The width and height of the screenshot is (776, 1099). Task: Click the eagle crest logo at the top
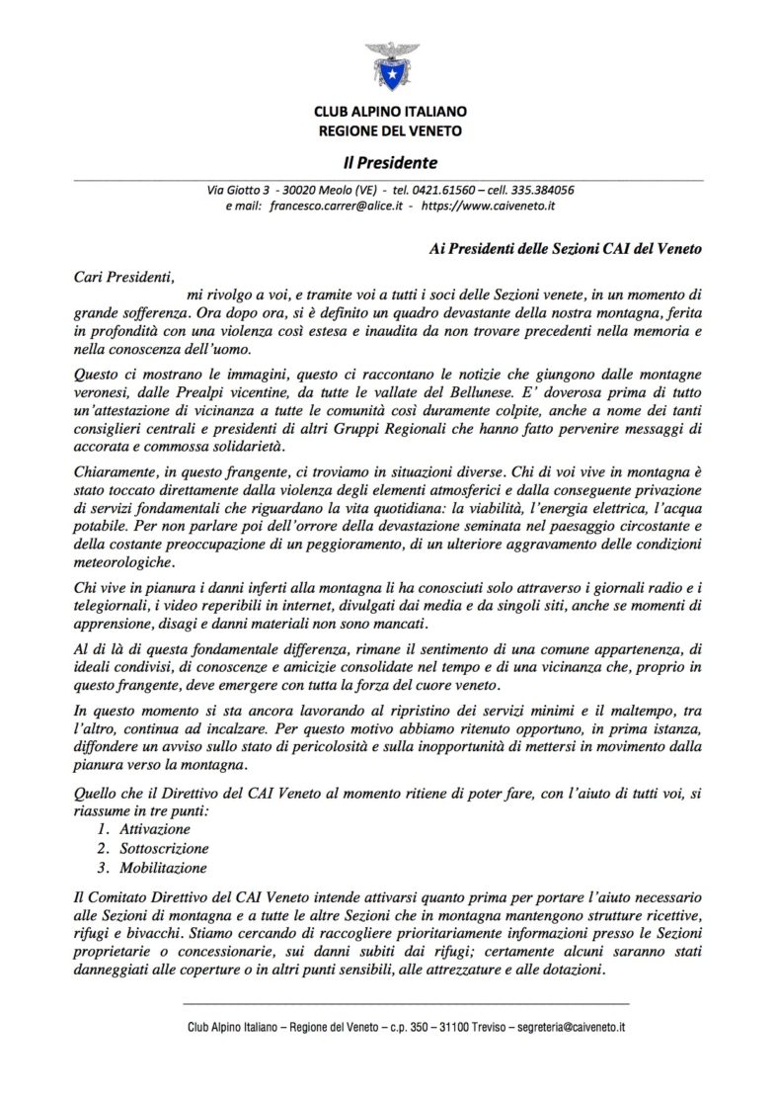388,65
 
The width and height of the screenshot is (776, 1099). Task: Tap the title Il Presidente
388,162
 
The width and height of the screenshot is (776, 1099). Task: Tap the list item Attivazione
154,828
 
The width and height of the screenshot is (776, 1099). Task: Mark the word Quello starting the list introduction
97,791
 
